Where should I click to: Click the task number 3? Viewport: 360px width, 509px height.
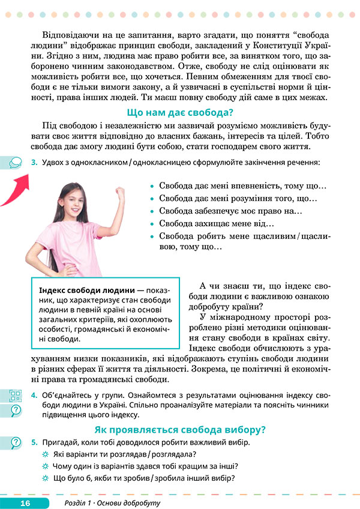point(34,162)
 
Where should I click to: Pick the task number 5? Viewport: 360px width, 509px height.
point(34,442)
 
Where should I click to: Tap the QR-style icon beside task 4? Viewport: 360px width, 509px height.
point(15,396)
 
